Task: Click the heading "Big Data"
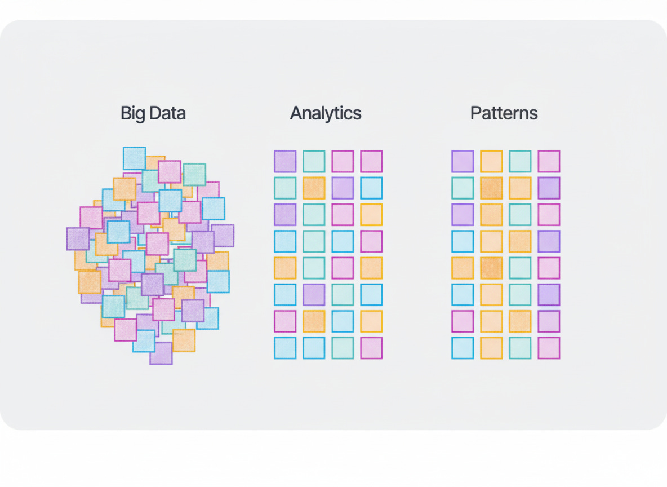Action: (153, 113)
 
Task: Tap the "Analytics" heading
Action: (326, 113)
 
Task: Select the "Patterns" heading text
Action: (504, 113)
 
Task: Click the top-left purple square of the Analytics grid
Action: (285, 161)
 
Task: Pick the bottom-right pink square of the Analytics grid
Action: (371, 348)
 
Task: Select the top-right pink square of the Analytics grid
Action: (371, 161)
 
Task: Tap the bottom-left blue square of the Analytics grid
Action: (285, 348)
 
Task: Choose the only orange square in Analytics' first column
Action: (285, 268)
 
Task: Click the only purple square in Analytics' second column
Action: (314, 294)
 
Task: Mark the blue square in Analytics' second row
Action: (371, 188)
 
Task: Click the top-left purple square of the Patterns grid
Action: (463, 161)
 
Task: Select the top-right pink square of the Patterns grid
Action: (549, 161)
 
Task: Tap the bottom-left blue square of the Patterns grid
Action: (463, 348)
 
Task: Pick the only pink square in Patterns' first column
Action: (463, 321)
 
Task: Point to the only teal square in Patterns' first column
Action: (463, 188)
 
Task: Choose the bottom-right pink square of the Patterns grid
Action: (549, 348)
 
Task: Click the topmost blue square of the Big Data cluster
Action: (134, 158)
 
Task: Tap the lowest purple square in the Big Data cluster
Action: (161, 353)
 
